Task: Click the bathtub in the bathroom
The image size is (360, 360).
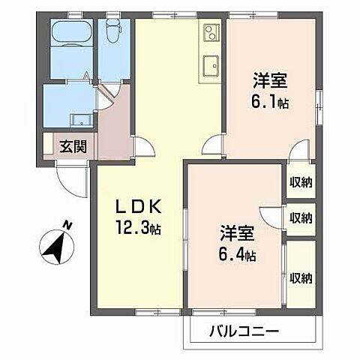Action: (x=70, y=34)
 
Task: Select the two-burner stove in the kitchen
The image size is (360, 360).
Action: (x=210, y=33)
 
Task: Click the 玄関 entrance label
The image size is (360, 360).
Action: (x=73, y=145)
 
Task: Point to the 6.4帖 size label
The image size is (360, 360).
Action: (x=238, y=255)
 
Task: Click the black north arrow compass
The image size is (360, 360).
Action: (x=52, y=247)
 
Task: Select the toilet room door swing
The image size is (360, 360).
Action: (x=109, y=93)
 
